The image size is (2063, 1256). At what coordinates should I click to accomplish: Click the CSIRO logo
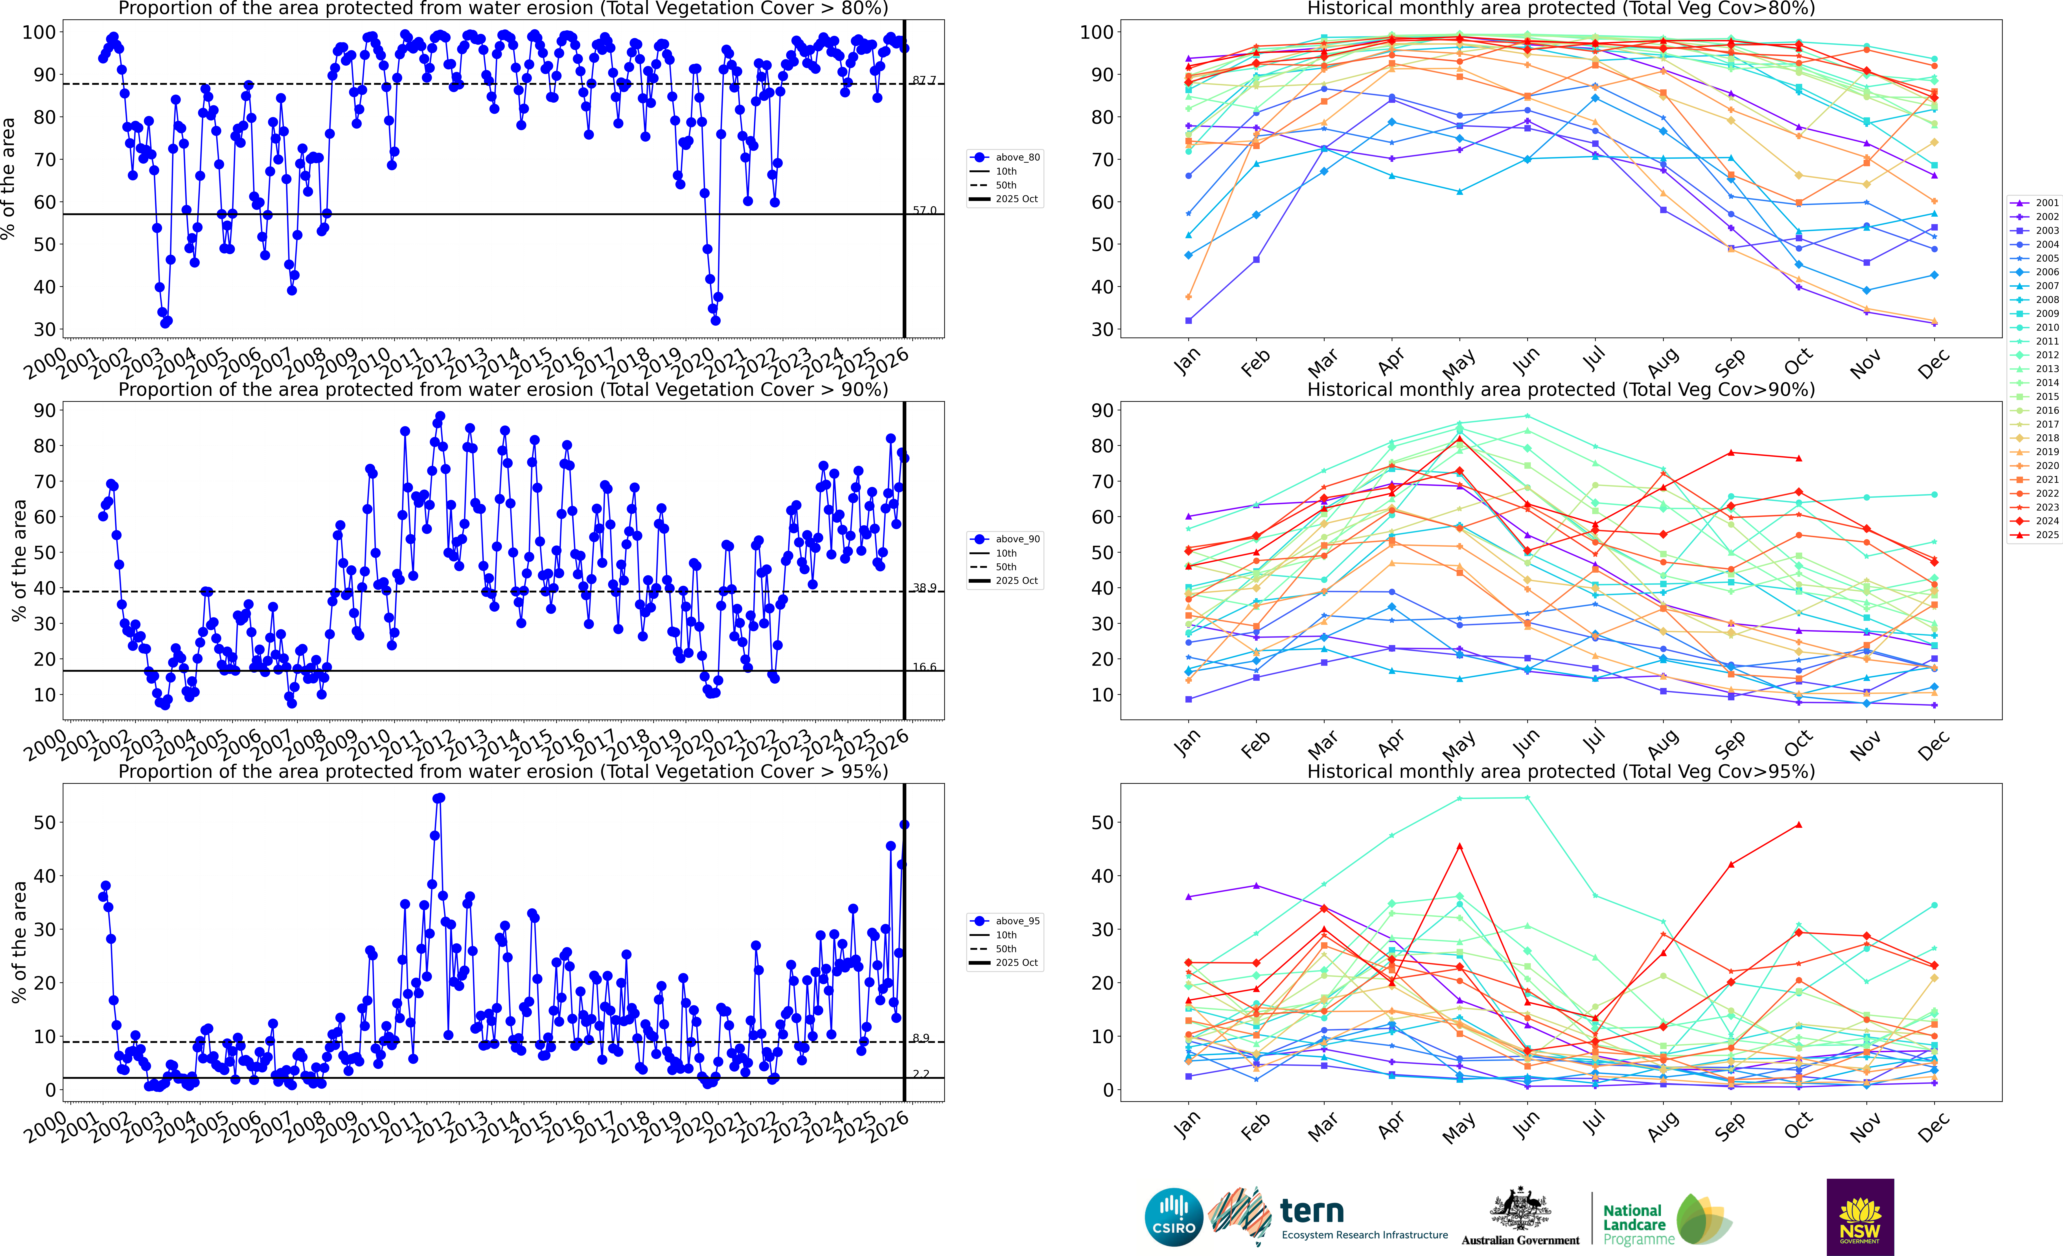(x=1174, y=1217)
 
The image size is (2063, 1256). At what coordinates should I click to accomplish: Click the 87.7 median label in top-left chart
(x=924, y=80)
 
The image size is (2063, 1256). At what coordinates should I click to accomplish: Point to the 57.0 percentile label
(x=924, y=210)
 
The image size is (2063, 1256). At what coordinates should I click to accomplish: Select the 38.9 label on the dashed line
(x=924, y=588)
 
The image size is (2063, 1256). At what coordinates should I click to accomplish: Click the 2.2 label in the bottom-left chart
(x=921, y=1073)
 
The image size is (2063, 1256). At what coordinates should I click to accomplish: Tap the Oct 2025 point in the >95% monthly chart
(x=1798, y=825)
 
